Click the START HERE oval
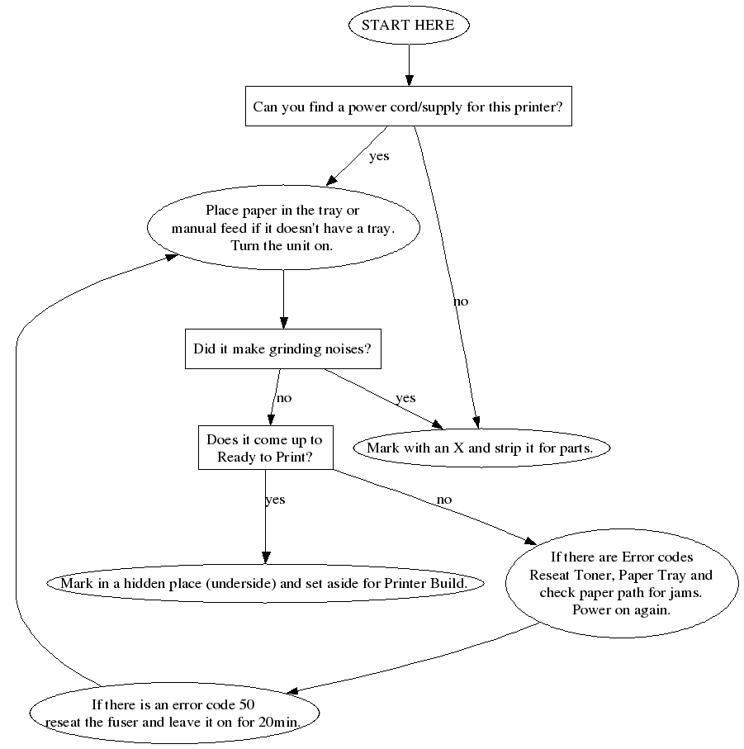408,25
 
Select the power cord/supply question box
408,107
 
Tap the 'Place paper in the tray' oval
283,228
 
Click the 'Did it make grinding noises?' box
283,348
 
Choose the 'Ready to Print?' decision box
265,448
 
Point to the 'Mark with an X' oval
482,448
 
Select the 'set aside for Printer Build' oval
264,583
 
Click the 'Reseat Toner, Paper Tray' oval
621,583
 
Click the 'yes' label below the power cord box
379,156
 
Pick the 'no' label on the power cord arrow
461,301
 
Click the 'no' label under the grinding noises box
284,398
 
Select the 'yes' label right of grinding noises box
405,398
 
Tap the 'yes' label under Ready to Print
275,500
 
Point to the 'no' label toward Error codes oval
444,500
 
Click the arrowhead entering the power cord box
408,79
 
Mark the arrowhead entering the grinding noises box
283,323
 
